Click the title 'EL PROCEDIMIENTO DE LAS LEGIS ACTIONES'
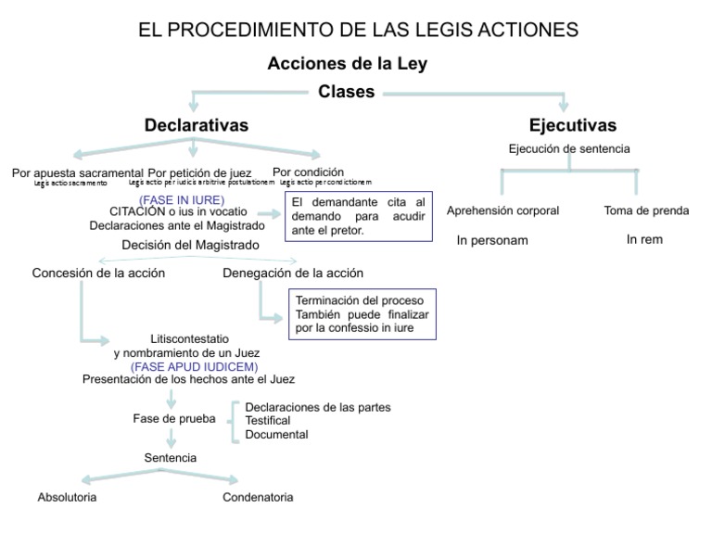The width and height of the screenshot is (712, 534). pos(358,30)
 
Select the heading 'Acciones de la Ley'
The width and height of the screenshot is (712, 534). pos(347,64)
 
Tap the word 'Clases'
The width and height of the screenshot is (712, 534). pos(347,92)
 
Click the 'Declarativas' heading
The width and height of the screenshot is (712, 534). pos(196,125)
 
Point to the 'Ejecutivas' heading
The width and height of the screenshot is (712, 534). pos(572,125)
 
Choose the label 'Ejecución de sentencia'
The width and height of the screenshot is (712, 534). pos(569,148)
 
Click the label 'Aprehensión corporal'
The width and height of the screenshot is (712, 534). pos(502,210)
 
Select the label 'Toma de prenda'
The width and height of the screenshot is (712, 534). pos(646,210)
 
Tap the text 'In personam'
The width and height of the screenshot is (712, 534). pos(492,240)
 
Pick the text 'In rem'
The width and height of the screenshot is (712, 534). pos(644,239)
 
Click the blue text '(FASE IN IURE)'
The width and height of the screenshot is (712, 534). pos(182,199)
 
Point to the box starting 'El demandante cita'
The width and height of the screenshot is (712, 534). pos(359,216)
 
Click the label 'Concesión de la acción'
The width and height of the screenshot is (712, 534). pos(98,273)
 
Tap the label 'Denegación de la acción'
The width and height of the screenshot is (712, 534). pos(293,273)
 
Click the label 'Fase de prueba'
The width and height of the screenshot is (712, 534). pos(174,418)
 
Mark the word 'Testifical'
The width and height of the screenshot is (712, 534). pos(268,421)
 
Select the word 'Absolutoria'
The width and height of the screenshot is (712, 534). pos(67,497)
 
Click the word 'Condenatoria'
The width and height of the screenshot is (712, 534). pos(258,497)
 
